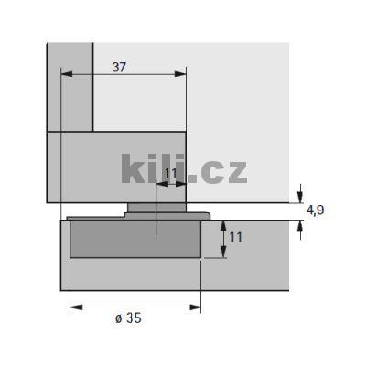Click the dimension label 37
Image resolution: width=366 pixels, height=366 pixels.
pyautogui.click(x=120, y=67)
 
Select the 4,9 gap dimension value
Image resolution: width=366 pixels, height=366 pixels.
pyautogui.click(x=316, y=210)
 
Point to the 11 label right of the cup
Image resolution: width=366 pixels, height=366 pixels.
pyautogui.click(x=236, y=237)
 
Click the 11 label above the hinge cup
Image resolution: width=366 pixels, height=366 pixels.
pyautogui.click(x=170, y=172)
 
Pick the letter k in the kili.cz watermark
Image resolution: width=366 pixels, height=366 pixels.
pyautogui.click(x=135, y=170)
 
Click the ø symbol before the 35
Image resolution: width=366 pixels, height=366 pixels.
pyautogui.click(x=119, y=318)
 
